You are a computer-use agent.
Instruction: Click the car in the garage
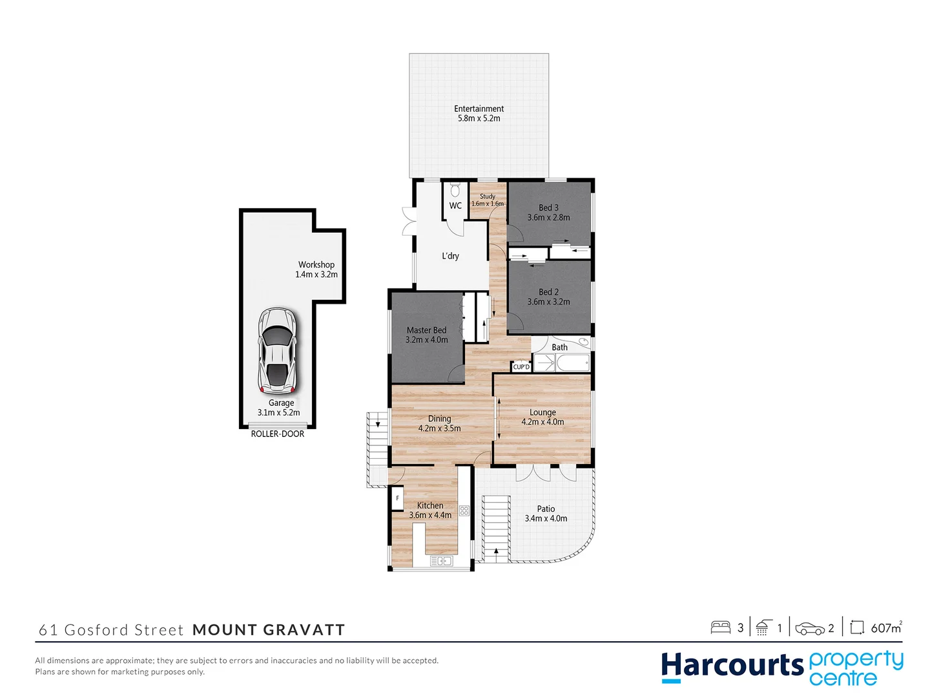[277, 350]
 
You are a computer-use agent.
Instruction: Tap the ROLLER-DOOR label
[278, 434]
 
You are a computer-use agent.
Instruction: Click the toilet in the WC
[455, 190]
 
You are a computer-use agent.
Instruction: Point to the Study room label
[488, 196]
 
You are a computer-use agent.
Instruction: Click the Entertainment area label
[479, 109]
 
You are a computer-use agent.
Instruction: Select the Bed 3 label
[548, 207]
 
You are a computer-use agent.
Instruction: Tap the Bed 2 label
[548, 292]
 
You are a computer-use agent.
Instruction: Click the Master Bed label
[426, 330]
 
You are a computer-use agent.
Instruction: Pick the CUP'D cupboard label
[521, 367]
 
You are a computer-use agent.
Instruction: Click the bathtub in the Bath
[573, 363]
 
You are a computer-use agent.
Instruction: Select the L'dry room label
[450, 256]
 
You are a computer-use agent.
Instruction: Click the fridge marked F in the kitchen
[397, 498]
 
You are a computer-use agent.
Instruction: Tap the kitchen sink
[441, 561]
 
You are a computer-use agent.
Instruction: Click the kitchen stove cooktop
[464, 511]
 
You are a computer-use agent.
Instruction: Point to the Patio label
[546, 509]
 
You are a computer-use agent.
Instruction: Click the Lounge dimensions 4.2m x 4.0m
[542, 422]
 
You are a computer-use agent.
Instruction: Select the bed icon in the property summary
[720, 628]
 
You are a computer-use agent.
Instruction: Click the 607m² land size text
[885, 628]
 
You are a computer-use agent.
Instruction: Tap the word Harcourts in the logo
[732, 666]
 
